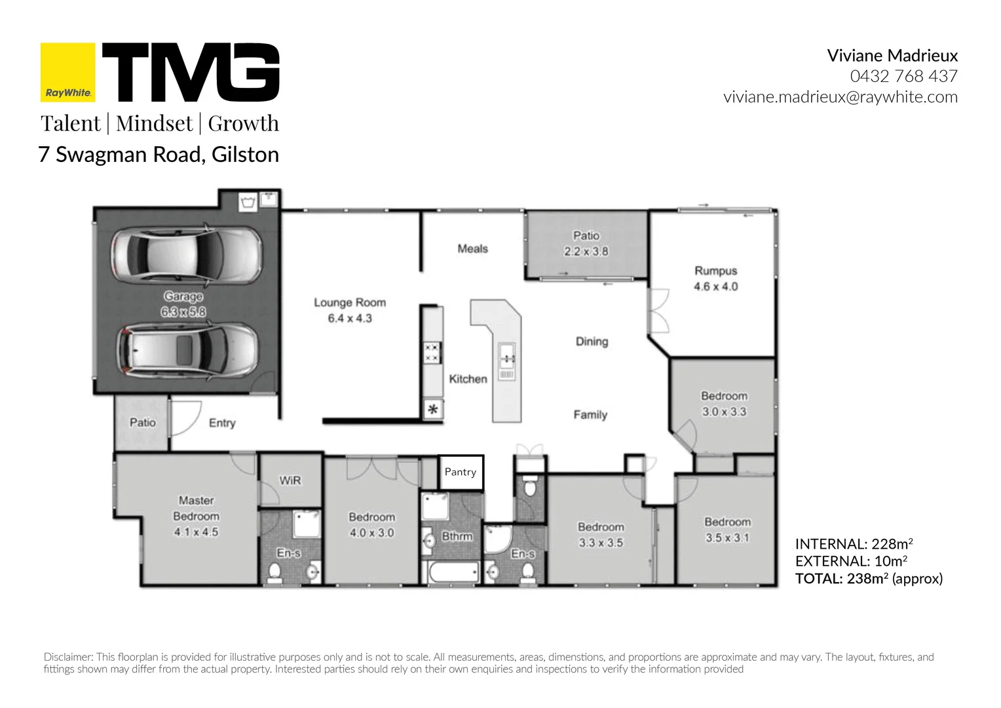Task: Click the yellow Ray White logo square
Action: [x=67, y=73]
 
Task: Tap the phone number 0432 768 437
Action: [x=903, y=76]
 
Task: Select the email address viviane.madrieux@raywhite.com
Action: [x=840, y=97]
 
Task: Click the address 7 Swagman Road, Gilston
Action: [x=159, y=154]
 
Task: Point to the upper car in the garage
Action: [x=186, y=254]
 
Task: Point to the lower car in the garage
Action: [x=187, y=351]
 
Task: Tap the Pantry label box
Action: [x=461, y=472]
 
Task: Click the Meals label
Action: [x=473, y=248]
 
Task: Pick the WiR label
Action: [x=290, y=481]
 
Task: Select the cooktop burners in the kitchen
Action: [x=432, y=353]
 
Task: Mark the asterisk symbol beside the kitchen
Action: [x=433, y=409]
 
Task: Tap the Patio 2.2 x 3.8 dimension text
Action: [x=586, y=251]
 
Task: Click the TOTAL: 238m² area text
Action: [x=869, y=579]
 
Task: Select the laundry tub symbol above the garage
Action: [x=248, y=203]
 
